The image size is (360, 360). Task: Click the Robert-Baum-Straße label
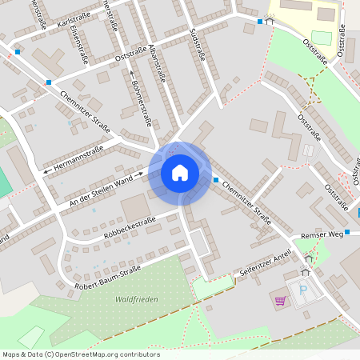coord(107,276)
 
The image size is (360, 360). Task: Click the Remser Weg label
coord(322,234)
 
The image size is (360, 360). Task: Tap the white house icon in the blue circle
coord(180,173)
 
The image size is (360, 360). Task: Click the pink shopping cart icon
coord(280,302)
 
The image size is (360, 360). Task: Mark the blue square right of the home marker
coord(215,179)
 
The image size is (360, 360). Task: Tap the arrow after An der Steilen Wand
coord(139,173)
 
